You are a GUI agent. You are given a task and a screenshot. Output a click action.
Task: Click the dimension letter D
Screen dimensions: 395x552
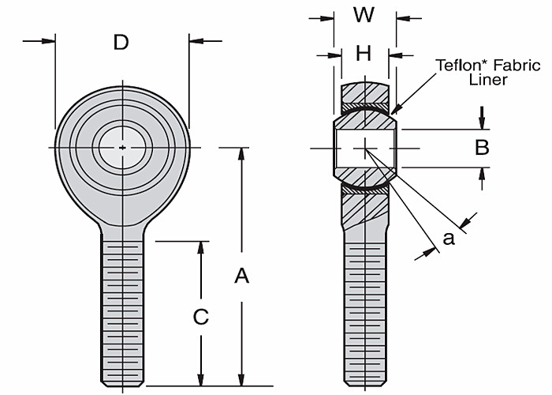click(x=121, y=42)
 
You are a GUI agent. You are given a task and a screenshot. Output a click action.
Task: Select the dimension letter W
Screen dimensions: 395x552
click(x=364, y=15)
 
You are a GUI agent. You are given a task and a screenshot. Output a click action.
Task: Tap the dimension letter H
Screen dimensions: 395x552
click(x=364, y=54)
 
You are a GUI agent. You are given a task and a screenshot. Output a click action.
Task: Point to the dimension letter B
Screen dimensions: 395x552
click(x=483, y=147)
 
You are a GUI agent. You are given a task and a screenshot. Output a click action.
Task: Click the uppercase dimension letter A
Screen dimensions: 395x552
click(x=242, y=276)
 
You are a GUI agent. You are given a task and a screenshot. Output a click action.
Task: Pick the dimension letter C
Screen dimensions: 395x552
click(x=201, y=317)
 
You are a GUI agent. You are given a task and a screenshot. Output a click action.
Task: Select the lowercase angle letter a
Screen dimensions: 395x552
click(x=449, y=237)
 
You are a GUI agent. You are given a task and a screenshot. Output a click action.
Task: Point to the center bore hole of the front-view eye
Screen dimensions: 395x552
click(x=122, y=146)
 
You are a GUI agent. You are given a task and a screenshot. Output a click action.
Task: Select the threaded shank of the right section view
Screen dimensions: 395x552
click(x=365, y=308)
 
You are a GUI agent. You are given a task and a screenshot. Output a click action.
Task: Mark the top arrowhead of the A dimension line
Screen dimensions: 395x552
click(x=242, y=152)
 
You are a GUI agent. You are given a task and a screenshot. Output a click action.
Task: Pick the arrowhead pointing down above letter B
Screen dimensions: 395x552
click(x=482, y=123)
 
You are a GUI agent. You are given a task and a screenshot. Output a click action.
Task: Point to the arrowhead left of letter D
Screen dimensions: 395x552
click(x=50, y=40)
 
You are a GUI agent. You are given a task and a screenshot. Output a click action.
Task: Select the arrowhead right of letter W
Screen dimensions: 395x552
click(x=401, y=16)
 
